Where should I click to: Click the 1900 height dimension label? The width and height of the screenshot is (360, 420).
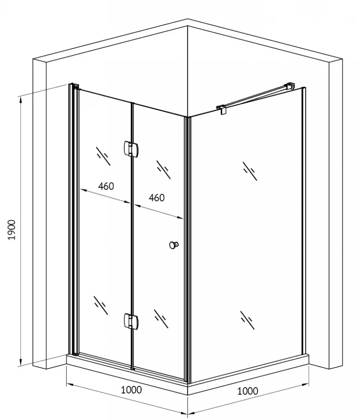(11, 230)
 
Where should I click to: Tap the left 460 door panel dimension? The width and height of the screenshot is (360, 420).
(106, 186)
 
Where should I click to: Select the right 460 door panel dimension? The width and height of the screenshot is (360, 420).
(157, 198)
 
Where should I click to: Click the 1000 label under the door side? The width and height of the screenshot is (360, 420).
(131, 390)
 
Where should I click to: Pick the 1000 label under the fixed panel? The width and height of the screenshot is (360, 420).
(248, 391)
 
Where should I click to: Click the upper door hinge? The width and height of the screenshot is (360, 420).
(131, 149)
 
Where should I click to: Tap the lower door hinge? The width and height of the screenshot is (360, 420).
(131, 321)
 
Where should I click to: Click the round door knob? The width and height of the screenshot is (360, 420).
(174, 245)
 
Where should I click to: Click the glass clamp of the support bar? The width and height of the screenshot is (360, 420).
(222, 109)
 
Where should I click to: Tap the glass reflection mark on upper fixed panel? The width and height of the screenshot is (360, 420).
(250, 171)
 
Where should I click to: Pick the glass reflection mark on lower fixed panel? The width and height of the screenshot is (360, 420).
(247, 320)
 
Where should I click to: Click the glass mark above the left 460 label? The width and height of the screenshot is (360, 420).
(103, 156)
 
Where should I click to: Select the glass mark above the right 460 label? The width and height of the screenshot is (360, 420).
(164, 170)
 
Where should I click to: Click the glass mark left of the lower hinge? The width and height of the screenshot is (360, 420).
(101, 305)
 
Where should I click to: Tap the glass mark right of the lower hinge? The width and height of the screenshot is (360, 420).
(161, 319)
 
